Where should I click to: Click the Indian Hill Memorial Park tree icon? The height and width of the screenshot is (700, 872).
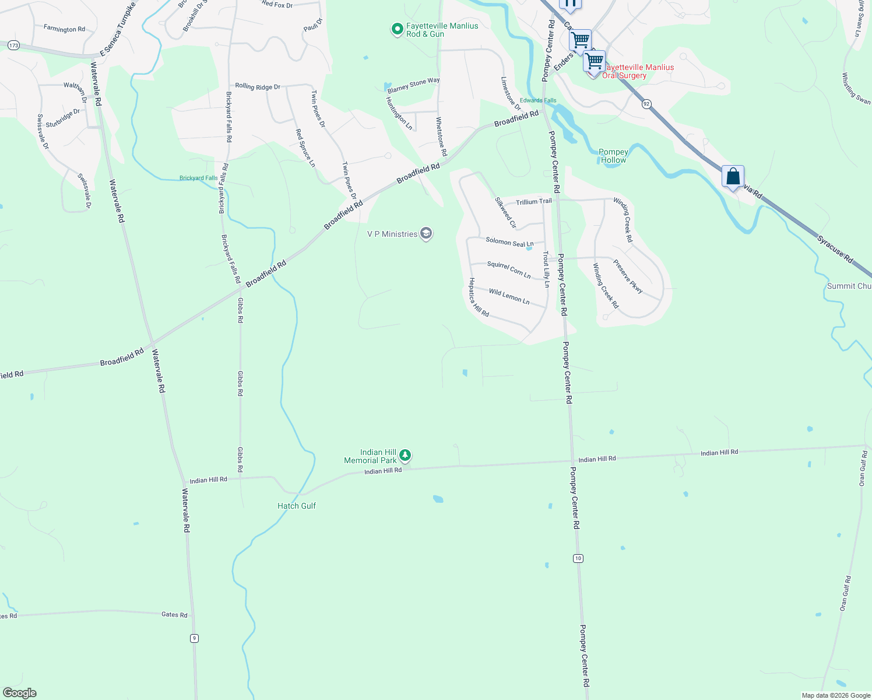405,455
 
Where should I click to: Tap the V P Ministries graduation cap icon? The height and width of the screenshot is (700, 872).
426,234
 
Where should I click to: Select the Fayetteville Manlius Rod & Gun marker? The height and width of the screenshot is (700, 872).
397,29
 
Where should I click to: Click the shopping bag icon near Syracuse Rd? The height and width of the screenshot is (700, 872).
733,177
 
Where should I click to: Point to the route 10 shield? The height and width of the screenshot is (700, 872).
578,558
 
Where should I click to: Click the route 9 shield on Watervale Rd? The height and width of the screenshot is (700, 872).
194,638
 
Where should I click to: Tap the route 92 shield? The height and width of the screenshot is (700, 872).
646,104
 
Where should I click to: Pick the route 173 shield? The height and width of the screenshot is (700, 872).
14,45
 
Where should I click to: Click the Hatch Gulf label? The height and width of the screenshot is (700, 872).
297,506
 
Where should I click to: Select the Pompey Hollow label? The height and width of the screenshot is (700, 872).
613,156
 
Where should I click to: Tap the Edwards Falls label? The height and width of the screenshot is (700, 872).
538,100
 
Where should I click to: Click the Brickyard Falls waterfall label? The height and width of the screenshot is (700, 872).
198,178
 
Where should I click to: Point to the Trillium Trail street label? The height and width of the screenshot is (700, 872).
533,202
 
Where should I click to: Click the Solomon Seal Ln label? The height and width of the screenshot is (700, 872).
509,242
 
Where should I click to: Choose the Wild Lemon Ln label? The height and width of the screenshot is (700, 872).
509,296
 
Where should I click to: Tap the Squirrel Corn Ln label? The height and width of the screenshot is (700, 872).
509,269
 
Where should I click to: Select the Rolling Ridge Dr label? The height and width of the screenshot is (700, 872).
258,86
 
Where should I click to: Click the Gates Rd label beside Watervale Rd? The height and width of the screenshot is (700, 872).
174,615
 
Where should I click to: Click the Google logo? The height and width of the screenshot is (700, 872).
20,693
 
